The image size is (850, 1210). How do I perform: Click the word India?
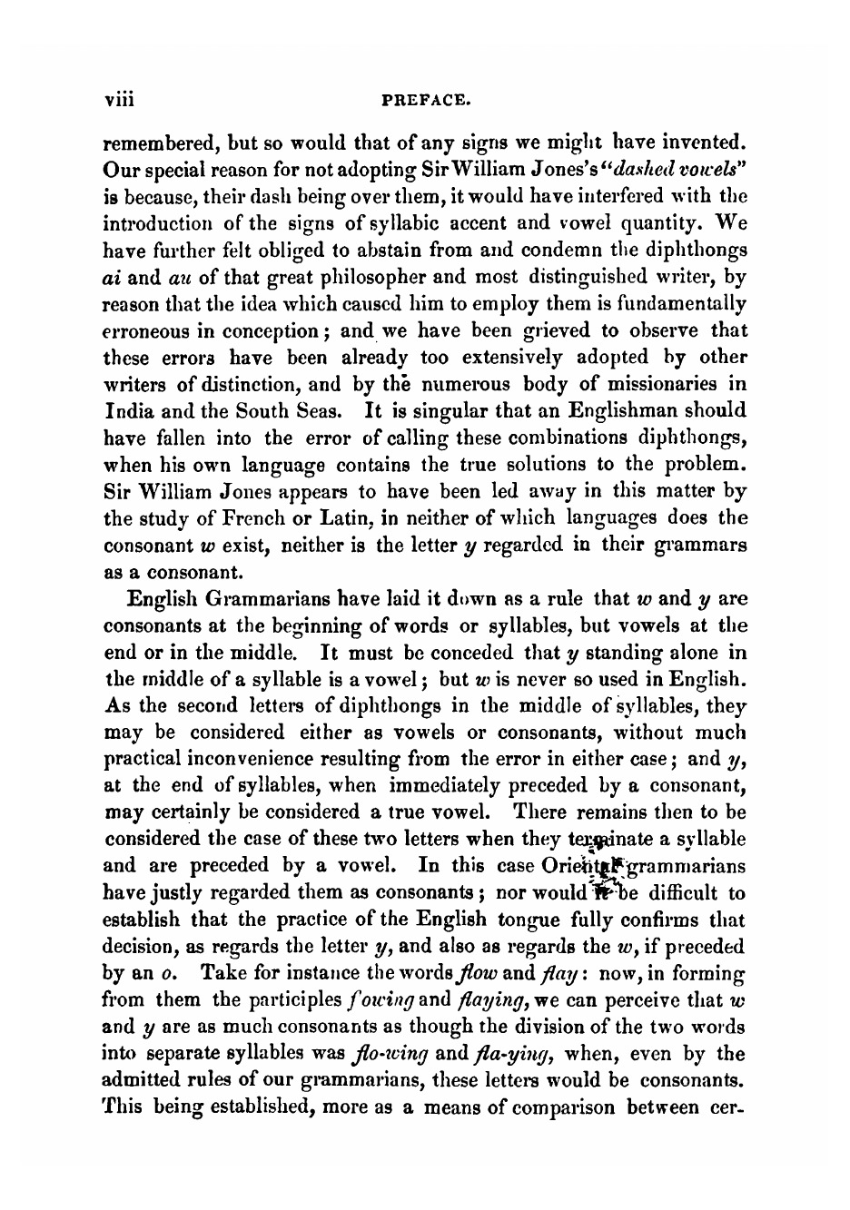[x=124, y=411]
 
